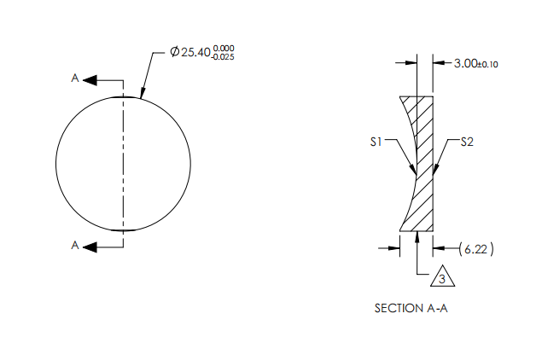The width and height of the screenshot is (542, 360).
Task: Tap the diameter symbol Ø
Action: tap(174, 53)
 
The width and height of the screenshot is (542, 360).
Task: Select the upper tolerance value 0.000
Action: tap(224, 49)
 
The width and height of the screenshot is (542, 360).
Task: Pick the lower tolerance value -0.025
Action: tap(224, 57)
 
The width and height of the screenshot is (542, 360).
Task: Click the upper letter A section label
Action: tap(75, 79)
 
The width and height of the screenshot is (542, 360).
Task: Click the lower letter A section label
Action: tap(75, 246)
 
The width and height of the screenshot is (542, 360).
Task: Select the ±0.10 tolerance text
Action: tap(488, 64)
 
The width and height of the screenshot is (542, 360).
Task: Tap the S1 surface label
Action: tap(375, 142)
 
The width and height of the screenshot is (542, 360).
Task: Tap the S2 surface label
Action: tap(467, 142)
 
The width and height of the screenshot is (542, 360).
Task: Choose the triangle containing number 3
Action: tap(441, 278)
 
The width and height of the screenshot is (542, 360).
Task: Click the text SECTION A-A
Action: tap(411, 308)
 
